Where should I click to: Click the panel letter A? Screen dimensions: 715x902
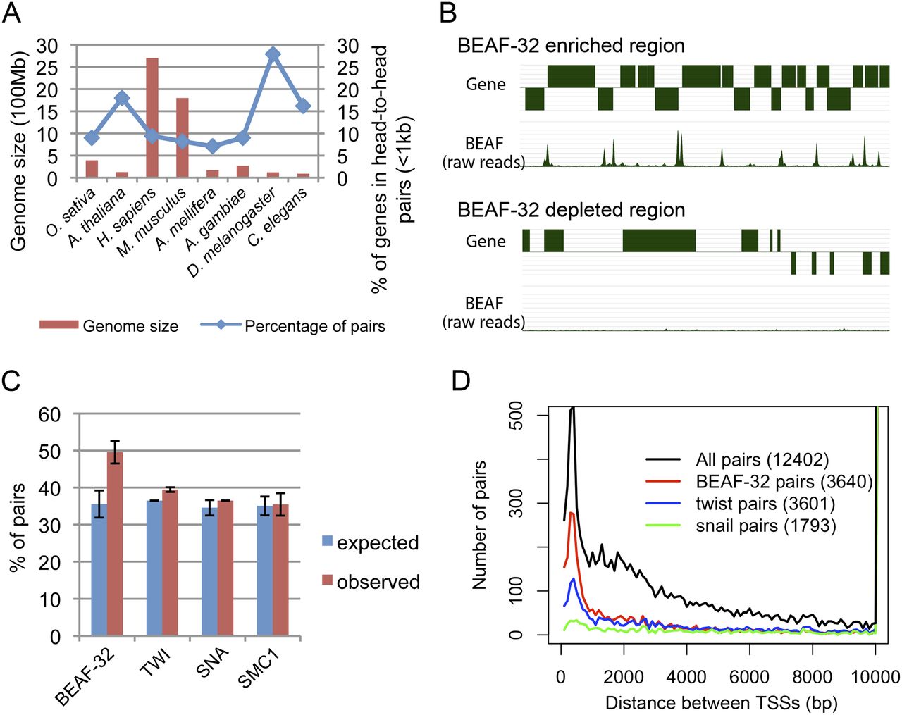11,13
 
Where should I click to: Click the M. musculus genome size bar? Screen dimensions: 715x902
183,138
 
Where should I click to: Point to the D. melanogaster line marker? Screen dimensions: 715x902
273,54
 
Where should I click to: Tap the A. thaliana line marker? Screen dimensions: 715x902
122,98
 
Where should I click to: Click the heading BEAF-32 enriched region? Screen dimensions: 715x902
571,46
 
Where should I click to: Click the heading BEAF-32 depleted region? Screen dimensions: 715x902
571,210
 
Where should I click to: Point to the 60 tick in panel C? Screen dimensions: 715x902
49,414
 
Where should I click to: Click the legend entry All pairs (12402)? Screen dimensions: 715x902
762,460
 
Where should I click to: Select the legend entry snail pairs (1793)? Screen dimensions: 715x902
765,526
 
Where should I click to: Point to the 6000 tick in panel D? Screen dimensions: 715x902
749,677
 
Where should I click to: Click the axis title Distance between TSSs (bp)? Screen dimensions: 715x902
721,702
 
